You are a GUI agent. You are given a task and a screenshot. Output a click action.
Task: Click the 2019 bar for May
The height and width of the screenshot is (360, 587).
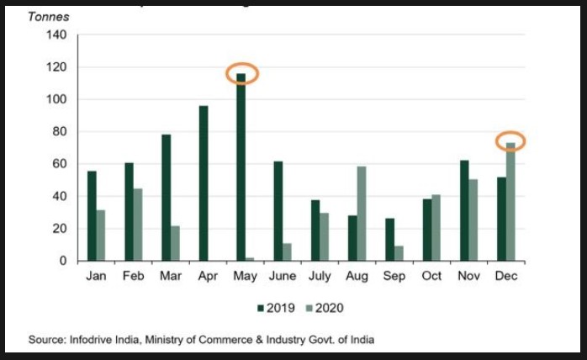(x=241, y=167)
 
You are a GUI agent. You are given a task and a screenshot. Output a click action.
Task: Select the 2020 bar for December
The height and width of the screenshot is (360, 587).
(x=510, y=202)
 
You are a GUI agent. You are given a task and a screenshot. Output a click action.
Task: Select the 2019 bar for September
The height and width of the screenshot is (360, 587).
(x=390, y=240)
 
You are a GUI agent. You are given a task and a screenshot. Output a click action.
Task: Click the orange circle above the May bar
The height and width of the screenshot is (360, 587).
(x=242, y=73)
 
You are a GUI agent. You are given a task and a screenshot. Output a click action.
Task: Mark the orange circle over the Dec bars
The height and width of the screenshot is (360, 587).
(x=510, y=141)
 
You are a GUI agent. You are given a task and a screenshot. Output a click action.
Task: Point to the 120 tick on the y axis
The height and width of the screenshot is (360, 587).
(x=56, y=67)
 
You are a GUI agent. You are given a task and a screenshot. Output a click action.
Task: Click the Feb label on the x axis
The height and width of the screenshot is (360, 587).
(x=134, y=276)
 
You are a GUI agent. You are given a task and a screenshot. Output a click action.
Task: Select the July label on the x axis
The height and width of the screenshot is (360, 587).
(x=319, y=276)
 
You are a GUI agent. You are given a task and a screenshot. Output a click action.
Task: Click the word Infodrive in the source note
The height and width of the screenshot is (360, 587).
(x=87, y=340)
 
